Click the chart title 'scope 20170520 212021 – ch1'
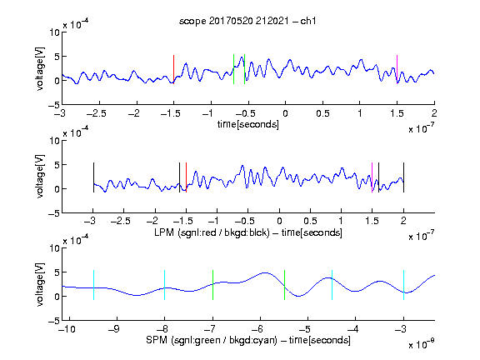tap(247, 21)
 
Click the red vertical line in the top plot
tap(174, 69)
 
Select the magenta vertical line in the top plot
tap(397, 69)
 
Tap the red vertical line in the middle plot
tap(186, 177)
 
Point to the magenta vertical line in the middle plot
tap(372, 177)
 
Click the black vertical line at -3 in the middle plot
tap(93, 177)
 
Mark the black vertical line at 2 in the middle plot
tap(404, 177)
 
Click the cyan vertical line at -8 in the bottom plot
tap(165, 285)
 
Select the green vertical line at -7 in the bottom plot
tap(212, 285)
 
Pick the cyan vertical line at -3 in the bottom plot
tap(404, 285)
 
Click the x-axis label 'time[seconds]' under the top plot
tap(248, 125)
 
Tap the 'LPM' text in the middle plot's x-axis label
tap(164, 232)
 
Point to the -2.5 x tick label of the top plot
tap(97, 113)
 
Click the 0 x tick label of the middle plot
tap(279, 221)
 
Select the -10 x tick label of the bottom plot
tap(67, 329)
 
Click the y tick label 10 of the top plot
tap(55, 32)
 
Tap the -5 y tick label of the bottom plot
tap(54, 321)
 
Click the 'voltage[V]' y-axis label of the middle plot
tap(40, 177)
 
